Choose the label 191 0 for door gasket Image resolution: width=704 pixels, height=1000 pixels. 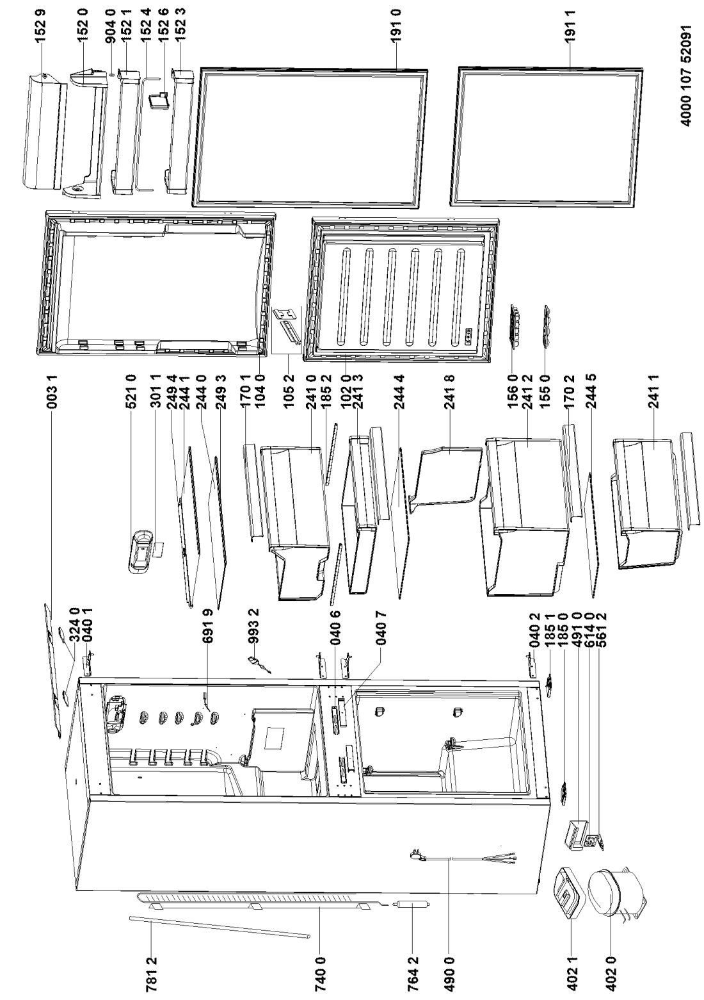click(396, 27)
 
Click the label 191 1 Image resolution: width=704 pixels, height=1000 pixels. click(571, 27)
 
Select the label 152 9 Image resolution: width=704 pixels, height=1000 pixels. click(41, 27)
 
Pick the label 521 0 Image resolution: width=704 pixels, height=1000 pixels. click(130, 394)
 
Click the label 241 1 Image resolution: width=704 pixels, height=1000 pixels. click(654, 394)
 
